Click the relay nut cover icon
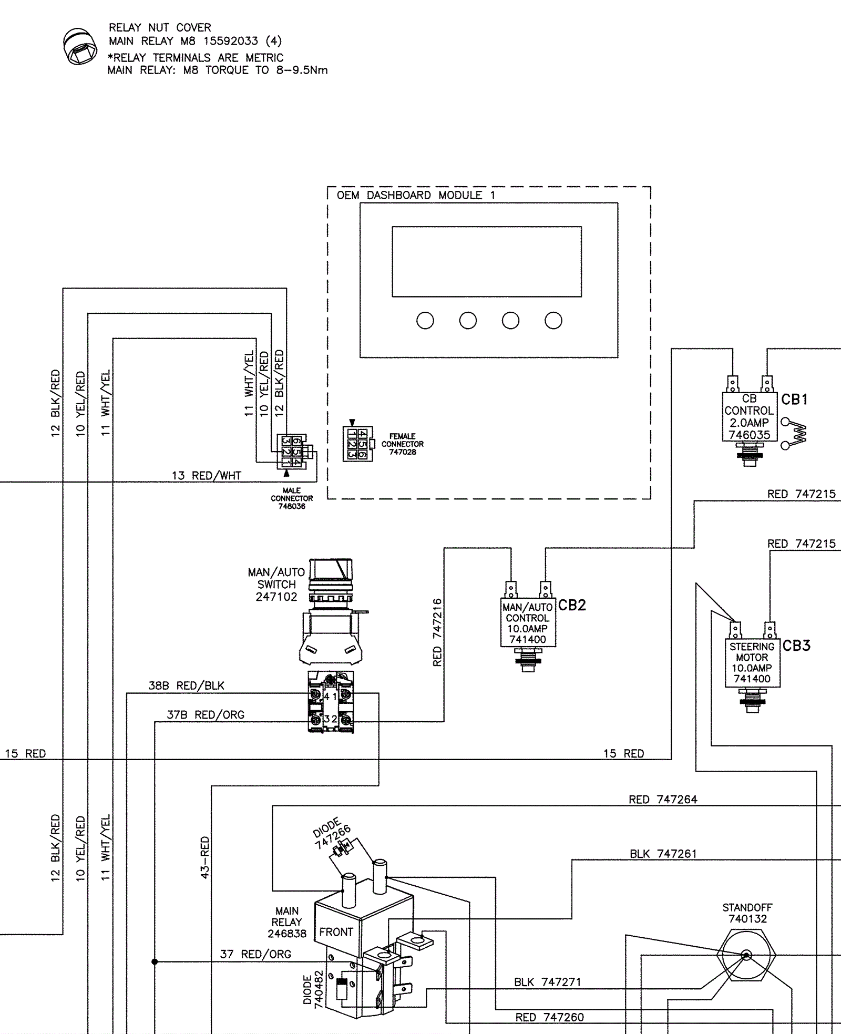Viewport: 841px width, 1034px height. pyautogui.click(x=80, y=46)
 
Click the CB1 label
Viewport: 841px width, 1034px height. pyautogui.click(x=794, y=400)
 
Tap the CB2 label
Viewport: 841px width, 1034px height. pyautogui.click(x=572, y=605)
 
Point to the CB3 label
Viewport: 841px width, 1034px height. pyautogui.click(x=796, y=646)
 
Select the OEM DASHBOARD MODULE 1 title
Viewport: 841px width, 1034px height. pyautogui.click(x=416, y=195)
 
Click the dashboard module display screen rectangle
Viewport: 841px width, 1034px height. pyautogui.click(x=487, y=262)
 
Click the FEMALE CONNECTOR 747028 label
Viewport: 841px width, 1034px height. pyautogui.click(x=403, y=444)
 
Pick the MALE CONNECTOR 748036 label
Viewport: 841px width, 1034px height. pyautogui.click(x=292, y=498)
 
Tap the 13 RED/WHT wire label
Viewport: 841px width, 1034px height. pyautogui.click(x=207, y=476)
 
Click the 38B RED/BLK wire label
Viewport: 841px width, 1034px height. pyautogui.click(x=186, y=685)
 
